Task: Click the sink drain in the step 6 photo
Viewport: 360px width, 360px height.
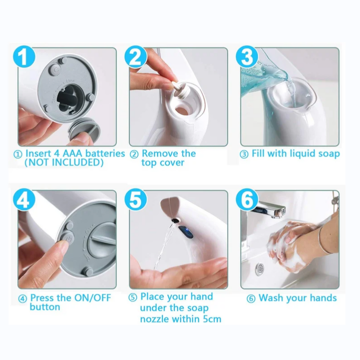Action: point(260,269)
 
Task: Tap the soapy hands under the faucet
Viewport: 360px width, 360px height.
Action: point(288,245)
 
